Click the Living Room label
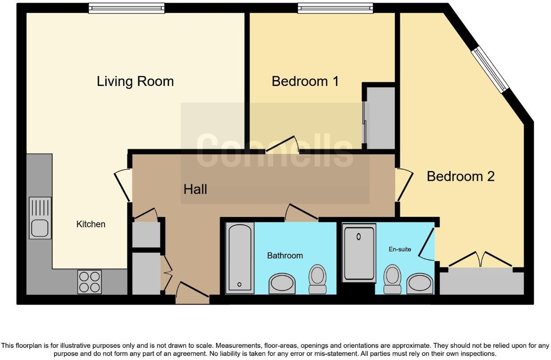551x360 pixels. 135,81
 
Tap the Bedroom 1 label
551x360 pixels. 305,81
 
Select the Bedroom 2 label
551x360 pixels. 460,176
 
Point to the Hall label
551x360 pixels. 195,189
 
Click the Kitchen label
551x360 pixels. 91,224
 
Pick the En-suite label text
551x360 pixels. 400,249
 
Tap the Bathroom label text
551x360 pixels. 285,256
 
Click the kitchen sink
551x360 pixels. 40,218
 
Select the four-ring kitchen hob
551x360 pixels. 89,282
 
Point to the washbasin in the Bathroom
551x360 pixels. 282,283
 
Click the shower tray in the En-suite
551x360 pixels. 359,253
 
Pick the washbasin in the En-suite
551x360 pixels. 420,283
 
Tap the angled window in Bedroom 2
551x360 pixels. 490,70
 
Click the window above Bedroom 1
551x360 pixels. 335,8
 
